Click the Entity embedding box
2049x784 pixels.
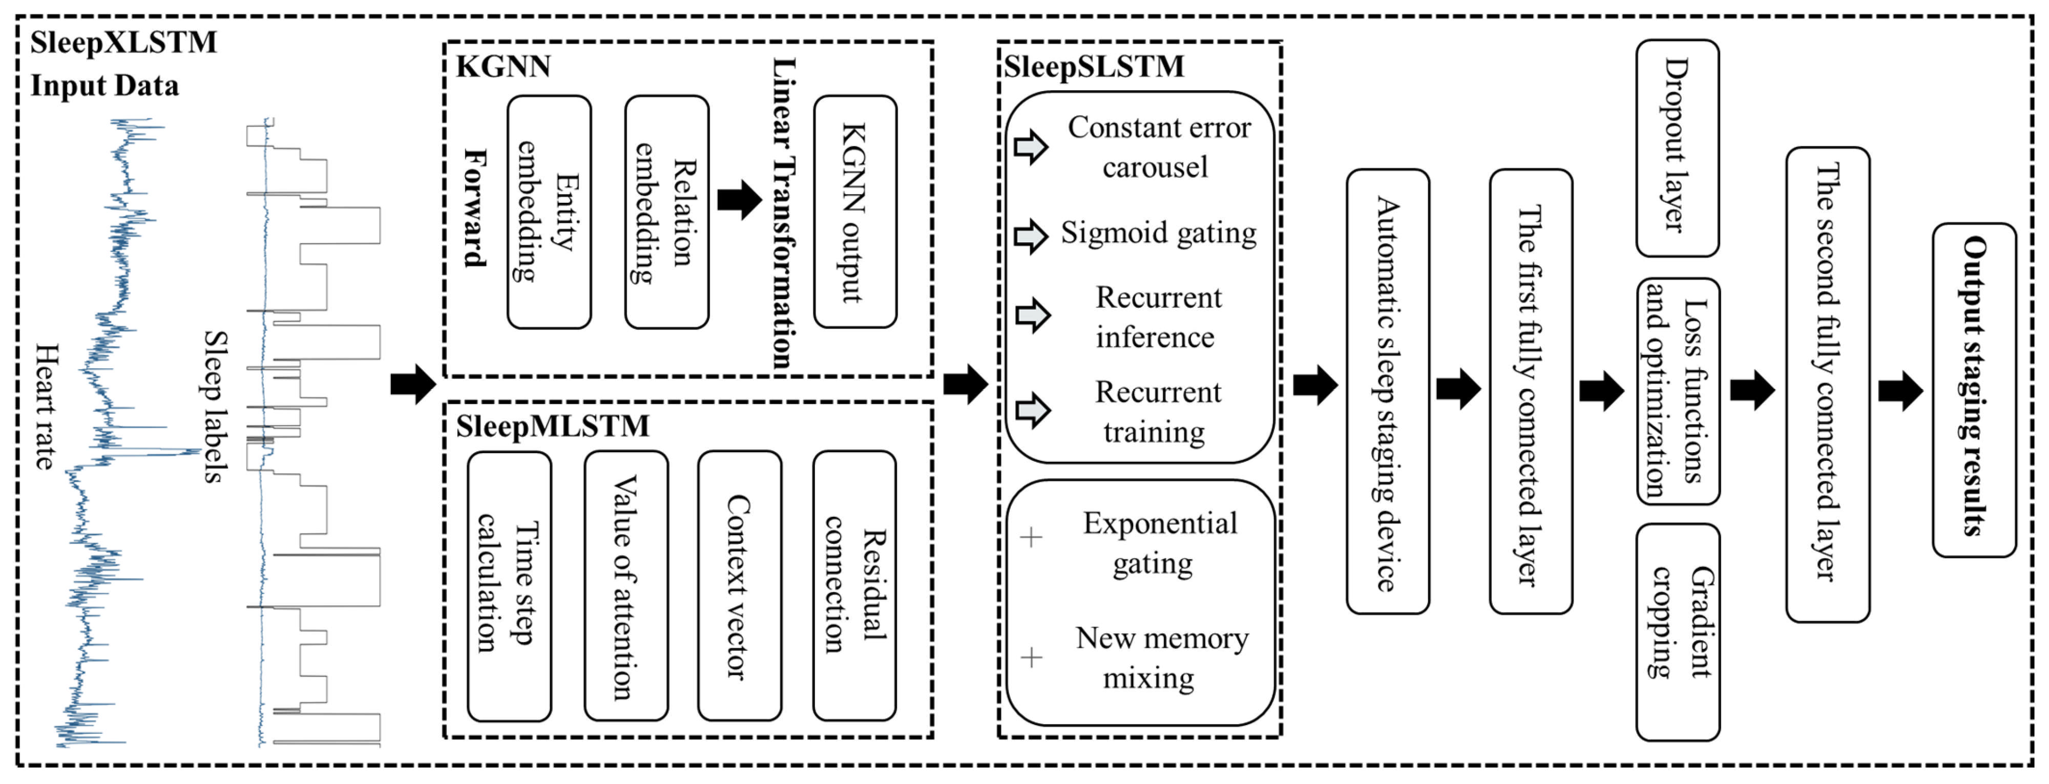tap(549, 213)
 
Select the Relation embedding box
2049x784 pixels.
tap(666, 213)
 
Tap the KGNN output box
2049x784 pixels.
tap(855, 213)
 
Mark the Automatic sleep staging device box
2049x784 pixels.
tap(1387, 391)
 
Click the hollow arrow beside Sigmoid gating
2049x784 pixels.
tap(1031, 236)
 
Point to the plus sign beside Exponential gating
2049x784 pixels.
tap(1031, 538)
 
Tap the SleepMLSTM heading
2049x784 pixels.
tap(552, 426)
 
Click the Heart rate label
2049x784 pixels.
tap(46, 406)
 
